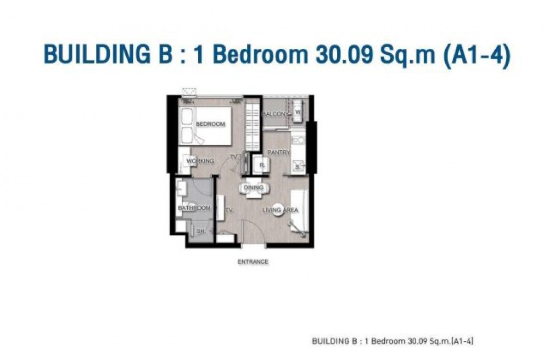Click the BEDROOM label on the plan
point(210,124)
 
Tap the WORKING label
point(200,161)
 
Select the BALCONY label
point(276,114)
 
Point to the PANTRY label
point(279,153)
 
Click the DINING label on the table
point(254,188)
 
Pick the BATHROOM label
point(194,208)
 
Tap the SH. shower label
point(200,231)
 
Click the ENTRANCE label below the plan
point(253,262)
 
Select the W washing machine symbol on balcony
point(298,111)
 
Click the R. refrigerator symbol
point(261,165)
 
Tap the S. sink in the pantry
point(298,167)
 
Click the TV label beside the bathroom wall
point(229,210)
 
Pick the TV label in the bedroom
point(233,157)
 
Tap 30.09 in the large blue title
point(344,54)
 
